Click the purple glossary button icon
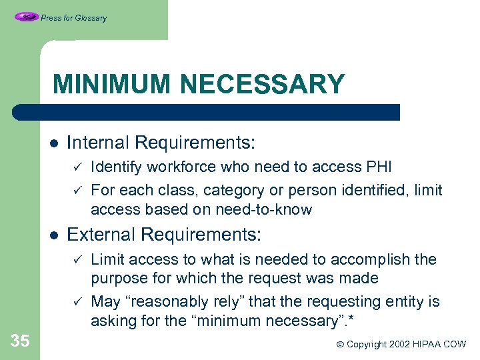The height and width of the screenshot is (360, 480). click(27, 17)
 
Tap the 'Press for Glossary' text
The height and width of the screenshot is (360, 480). click(73, 18)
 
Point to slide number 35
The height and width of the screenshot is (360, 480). click(20, 341)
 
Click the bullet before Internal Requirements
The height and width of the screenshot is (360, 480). click(53, 143)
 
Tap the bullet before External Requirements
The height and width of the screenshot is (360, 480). click(53, 235)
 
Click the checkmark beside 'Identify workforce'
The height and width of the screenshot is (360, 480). click(77, 167)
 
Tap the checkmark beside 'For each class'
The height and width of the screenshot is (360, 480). click(77, 191)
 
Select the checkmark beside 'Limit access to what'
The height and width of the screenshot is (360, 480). click(77, 259)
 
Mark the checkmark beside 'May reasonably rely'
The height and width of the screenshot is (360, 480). click(77, 302)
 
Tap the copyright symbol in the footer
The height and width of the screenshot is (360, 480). click(341, 345)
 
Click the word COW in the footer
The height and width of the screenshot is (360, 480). click(455, 345)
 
